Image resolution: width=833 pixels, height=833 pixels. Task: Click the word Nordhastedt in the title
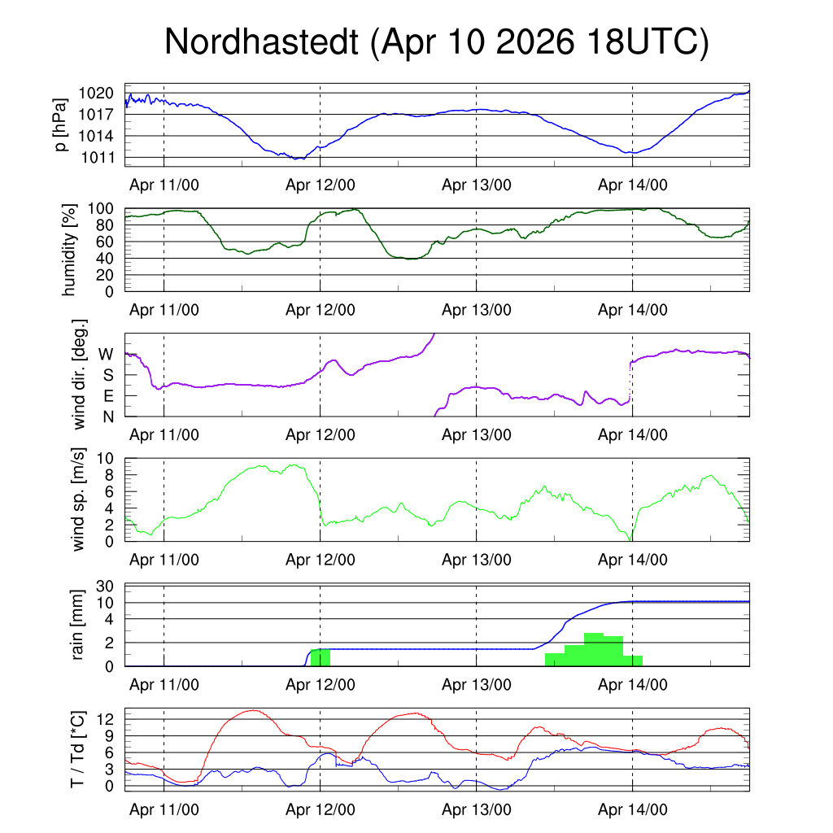[x=261, y=41]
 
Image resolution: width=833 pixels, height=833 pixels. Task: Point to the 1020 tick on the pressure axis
[x=96, y=94]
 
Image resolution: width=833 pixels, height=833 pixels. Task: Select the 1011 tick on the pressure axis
[x=98, y=157]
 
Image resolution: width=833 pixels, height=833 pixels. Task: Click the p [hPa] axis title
[x=61, y=124]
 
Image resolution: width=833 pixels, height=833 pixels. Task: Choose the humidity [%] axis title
[x=69, y=250]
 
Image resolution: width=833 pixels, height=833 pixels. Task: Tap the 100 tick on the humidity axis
[x=101, y=209]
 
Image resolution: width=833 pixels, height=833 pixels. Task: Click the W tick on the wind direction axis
[x=106, y=355]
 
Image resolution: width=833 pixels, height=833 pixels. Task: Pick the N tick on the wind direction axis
[x=108, y=417]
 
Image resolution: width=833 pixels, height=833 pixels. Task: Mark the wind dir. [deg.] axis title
[x=79, y=374]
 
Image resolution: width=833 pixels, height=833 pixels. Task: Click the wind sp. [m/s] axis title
[x=78, y=499]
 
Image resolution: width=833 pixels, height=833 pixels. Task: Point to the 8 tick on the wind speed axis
[x=109, y=475]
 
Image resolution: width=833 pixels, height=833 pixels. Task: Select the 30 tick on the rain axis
[x=105, y=587]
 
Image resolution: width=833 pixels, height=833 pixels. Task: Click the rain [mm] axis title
[x=77, y=625]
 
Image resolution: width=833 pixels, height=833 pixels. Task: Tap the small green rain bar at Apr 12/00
[x=321, y=657]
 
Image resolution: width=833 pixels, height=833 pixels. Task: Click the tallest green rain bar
[x=594, y=650]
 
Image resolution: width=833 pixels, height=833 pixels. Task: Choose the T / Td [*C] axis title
[x=77, y=749]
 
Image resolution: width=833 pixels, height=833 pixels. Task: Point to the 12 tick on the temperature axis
[x=105, y=719]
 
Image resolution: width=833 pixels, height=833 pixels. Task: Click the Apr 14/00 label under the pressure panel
[x=633, y=185]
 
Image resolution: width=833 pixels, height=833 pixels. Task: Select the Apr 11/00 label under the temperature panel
[x=164, y=809]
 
